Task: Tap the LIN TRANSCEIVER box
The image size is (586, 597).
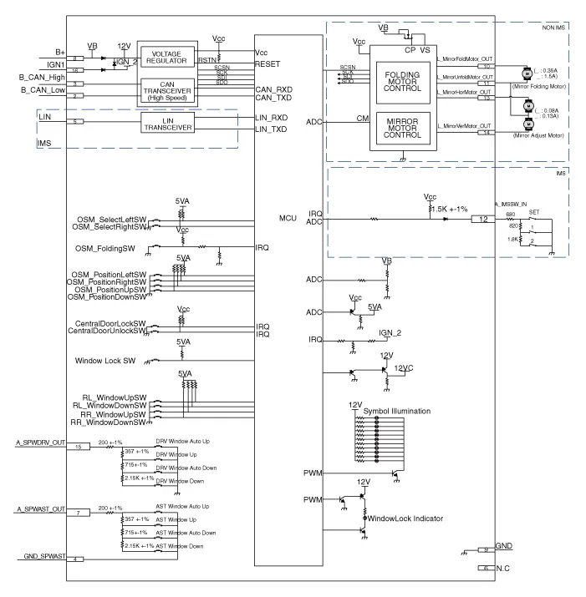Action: point(168,124)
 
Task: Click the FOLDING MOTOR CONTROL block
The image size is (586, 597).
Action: point(402,82)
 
